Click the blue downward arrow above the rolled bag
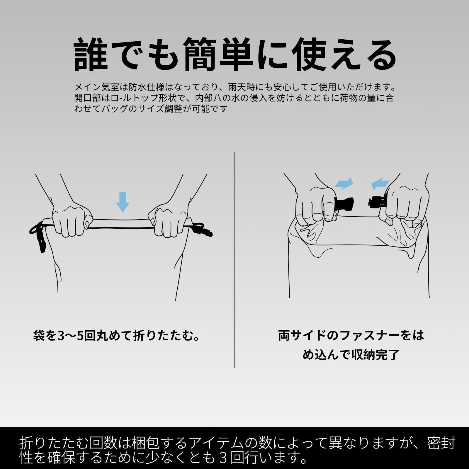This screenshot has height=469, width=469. click(123, 202)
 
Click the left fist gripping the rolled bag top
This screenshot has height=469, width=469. click(72, 220)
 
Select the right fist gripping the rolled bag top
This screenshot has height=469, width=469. click(169, 220)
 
